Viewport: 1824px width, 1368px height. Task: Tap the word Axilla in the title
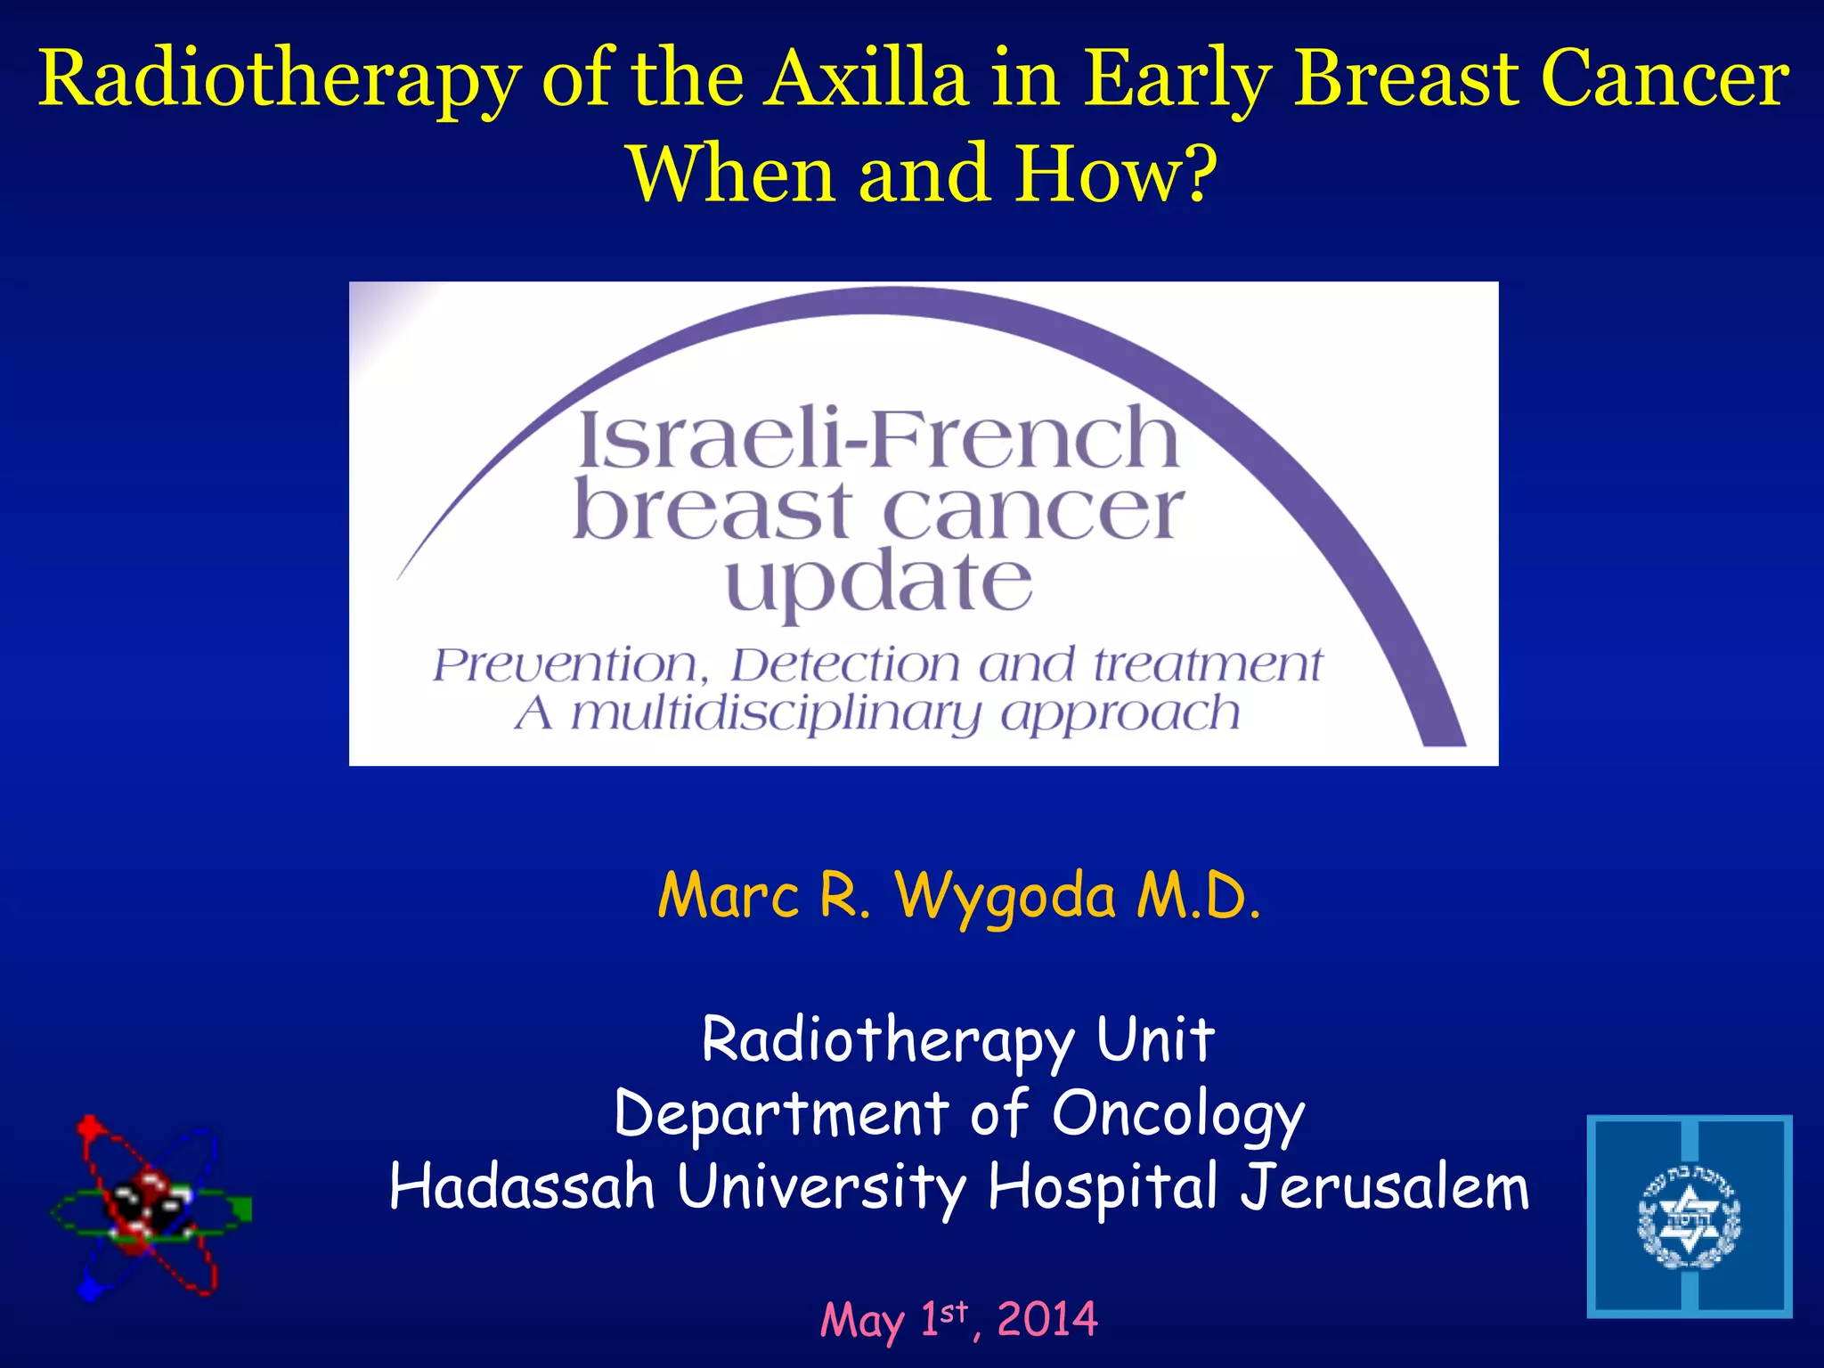click(x=868, y=78)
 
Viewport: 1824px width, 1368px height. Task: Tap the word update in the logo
click(x=879, y=583)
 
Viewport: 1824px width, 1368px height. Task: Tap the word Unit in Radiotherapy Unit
click(x=1155, y=1039)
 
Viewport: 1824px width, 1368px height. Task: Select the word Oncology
click(x=1177, y=1114)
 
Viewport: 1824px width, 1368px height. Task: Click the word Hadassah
click(x=522, y=1187)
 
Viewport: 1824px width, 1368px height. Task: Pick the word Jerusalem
click(x=1385, y=1187)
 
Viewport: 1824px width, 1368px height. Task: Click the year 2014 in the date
click(x=1047, y=1319)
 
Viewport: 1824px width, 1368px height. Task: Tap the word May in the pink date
click(x=861, y=1321)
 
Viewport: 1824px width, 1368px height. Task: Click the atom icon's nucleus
click(x=148, y=1207)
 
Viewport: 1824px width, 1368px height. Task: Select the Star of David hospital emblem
click(x=1689, y=1217)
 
